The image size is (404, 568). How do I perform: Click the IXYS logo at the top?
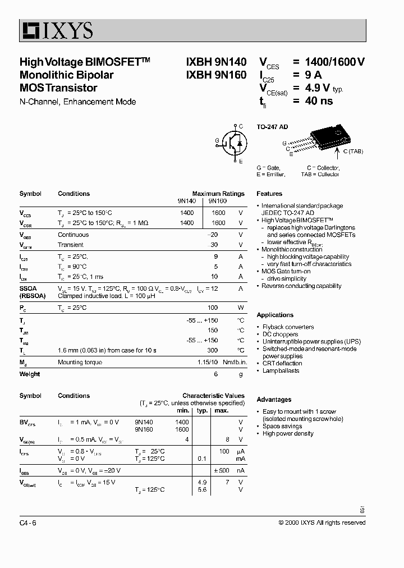[x=57, y=30]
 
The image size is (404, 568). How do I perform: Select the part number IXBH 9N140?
[x=216, y=62]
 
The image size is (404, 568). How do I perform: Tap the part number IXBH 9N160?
[x=216, y=75]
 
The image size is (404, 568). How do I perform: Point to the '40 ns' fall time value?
[x=319, y=101]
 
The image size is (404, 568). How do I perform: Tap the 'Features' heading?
[x=269, y=194]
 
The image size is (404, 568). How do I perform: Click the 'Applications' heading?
[x=275, y=315]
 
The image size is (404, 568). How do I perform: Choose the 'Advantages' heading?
[x=274, y=400]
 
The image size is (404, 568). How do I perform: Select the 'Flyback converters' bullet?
[x=288, y=327]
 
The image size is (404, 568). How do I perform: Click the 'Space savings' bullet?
[x=282, y=426]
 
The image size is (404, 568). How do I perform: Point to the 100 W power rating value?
[x=212, y=308]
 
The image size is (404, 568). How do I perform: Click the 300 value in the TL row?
[x=212, y=350]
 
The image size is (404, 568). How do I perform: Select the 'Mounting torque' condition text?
[x=80, y=363]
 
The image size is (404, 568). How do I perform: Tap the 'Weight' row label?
[x=30, y=374]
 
